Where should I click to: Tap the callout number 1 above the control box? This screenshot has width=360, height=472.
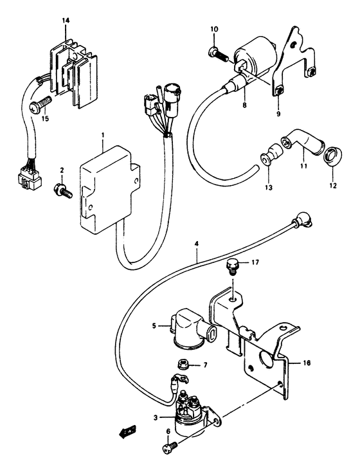(x=102, y=136)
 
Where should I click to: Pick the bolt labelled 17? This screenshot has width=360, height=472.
(x=233, y=264)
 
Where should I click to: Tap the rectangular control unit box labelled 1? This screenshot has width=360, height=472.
(x=108, y=186)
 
